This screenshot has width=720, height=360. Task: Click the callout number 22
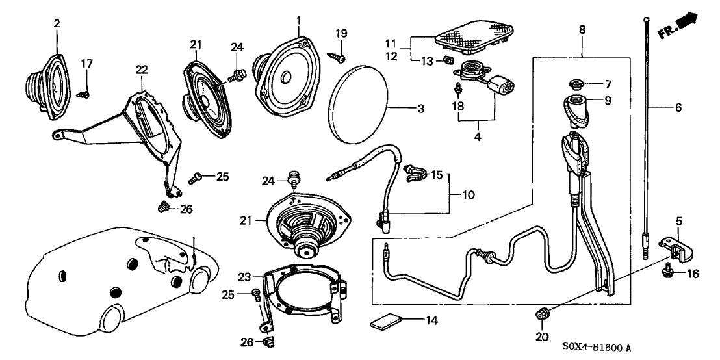pyautogui.click(x=141, y=70)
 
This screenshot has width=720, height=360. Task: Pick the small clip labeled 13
pyautogui.click(x=446, y=61)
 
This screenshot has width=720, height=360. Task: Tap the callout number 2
pyautogui.click(x=57, y=23)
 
